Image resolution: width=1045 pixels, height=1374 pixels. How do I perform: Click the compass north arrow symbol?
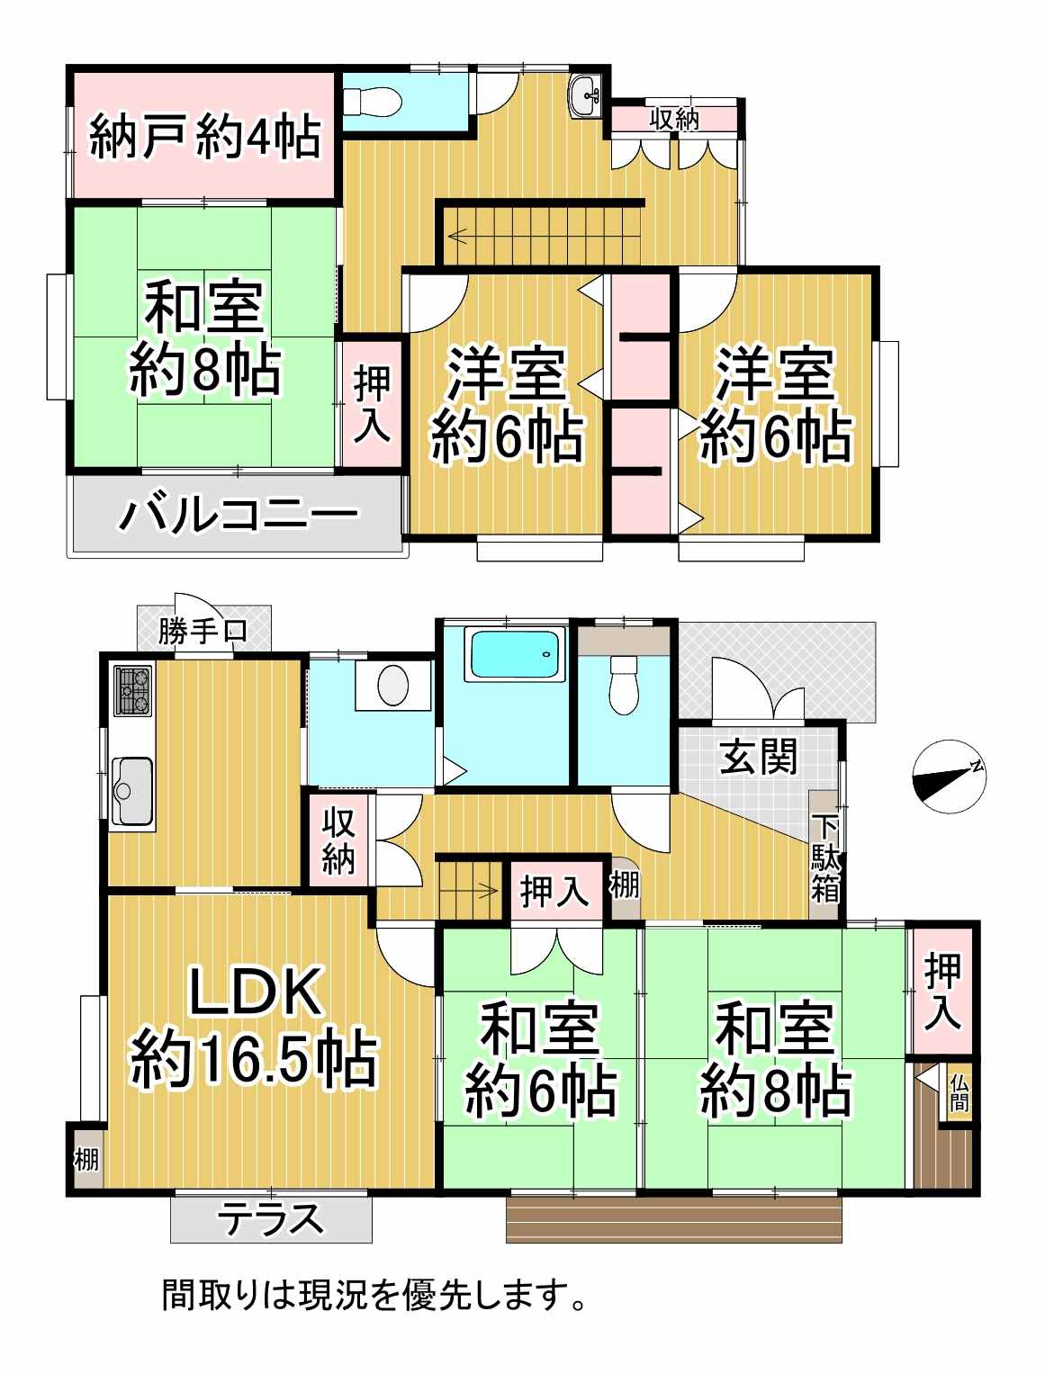[950, 777]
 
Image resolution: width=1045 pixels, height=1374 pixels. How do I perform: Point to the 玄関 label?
[759, 756]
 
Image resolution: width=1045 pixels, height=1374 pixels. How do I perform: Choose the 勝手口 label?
[203, 631]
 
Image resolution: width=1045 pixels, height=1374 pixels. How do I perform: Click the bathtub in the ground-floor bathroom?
[515, 654]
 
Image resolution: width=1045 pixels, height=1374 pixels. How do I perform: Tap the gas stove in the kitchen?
[132, 690]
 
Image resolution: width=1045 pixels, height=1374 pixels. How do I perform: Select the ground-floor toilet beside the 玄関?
[623, 685]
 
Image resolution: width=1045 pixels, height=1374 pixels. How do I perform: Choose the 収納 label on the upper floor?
[673, 118]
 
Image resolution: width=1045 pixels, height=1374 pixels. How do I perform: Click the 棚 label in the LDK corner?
[86, 1160]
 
